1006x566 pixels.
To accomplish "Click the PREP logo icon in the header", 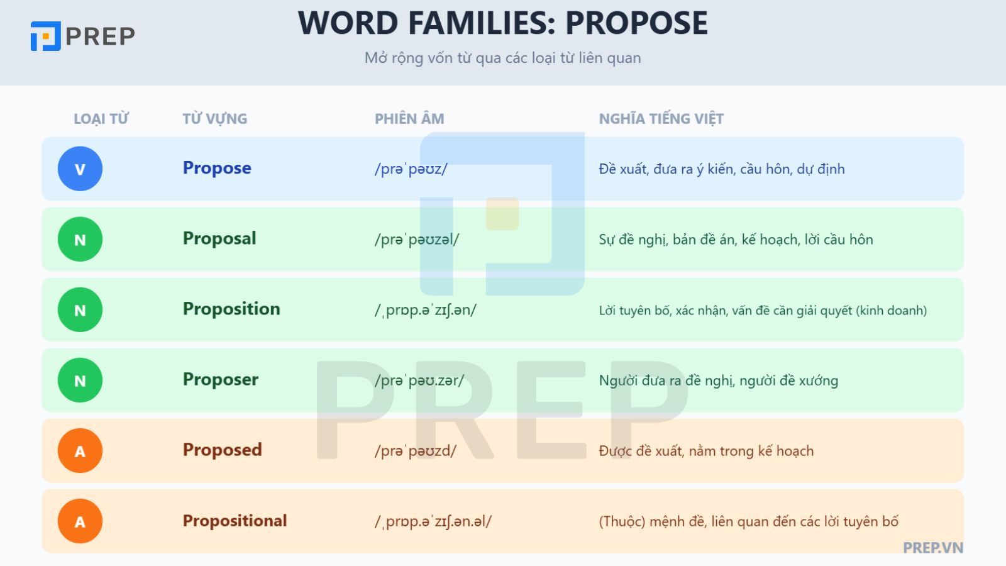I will coord(45,36).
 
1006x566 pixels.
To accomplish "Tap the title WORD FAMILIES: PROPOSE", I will coord(502,23).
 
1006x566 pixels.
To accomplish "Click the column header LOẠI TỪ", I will coord(101,119).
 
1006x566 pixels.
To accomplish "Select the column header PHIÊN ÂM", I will coord(409,119).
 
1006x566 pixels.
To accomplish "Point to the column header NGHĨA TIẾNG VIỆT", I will coord(661,119).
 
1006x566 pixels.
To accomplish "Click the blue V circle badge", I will coord(80,169).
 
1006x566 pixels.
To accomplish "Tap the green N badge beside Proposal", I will coord(80,239).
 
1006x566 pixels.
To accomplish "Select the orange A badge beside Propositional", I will coord(80,521).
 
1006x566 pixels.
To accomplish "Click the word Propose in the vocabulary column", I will coord(217,168).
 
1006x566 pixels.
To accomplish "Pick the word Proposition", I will coord(231,309).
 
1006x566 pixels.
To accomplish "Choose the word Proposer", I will coord(221,379).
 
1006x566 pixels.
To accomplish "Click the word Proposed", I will coord(222,450).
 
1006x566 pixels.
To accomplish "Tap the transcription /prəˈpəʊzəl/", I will coord(417,240).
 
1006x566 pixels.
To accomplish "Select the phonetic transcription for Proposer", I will coord(419,380).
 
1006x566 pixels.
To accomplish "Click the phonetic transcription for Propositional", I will coord(433,521).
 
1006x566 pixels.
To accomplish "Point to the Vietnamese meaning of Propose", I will coord(721,169).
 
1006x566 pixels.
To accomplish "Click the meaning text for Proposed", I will coord(706,451).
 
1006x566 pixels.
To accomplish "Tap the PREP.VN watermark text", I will coord(932,548).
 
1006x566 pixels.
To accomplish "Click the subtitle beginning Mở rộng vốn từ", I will coord(502,58).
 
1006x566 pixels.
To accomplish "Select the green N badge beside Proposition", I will coord(80,309).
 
